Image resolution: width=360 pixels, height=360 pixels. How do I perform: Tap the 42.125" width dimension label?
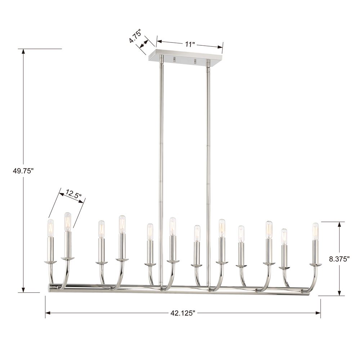pyautogui.click(x=183, y=313)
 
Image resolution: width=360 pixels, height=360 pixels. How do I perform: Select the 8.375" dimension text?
pyautogui.click(x=339, y=259)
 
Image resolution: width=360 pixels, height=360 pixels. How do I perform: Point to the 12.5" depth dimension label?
pyautogui.click(x=73, y=194)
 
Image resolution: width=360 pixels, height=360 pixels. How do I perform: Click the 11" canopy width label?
pyautogui.click(x=190, y=44)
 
